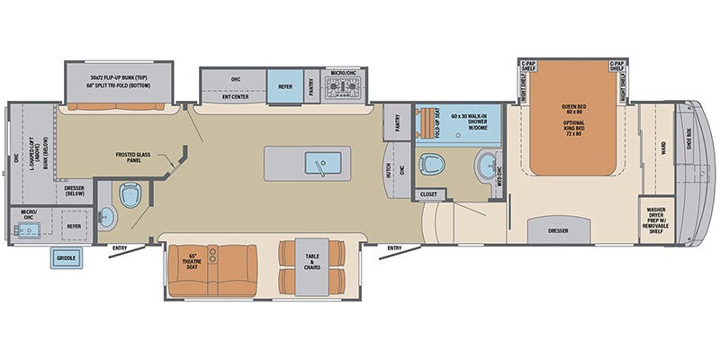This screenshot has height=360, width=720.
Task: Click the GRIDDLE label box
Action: click(x=66, y=258)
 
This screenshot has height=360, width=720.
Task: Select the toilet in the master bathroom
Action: click(x=433, y=165)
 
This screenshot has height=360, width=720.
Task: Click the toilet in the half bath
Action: click(x=127, y=196)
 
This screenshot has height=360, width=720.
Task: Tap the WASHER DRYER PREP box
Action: click(x=655, y=220)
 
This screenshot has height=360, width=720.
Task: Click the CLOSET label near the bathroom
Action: click(x=428, y=193)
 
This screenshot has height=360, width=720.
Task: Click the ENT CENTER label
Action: click(x=236, y=97)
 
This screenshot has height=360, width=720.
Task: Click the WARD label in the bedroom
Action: click(x=664, y=155)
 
